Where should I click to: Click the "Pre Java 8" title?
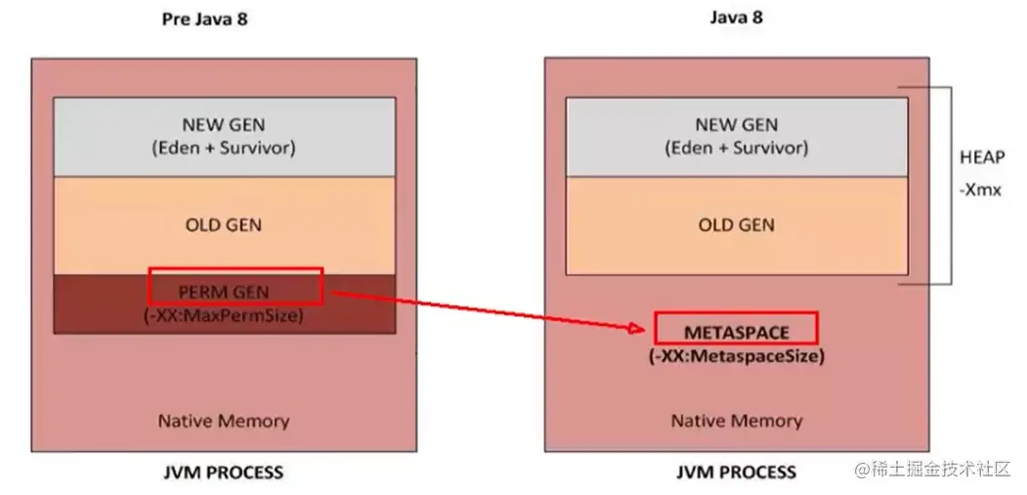(204, 19)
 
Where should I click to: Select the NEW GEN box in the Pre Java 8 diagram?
(224, 136)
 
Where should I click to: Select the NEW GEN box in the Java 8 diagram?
(737, 136)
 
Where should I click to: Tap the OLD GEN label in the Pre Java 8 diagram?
(224, 225)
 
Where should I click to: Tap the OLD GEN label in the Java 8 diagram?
(737, 225)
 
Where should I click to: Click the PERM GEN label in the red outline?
(224, 292)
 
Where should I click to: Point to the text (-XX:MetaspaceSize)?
(736, 357)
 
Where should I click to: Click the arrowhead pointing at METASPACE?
(643, 329)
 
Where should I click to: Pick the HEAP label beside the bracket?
(981, 157)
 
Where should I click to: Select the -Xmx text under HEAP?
(981, 190)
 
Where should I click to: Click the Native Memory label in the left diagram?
(224, 422)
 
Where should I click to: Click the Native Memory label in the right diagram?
(736, 422)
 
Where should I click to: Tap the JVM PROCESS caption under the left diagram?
(223, 472)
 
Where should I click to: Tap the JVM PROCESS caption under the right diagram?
(736, 472)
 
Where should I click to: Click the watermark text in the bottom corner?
(932, 471)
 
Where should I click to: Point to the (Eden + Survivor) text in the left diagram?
(224, 149)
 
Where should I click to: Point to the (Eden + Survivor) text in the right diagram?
(737, 149)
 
